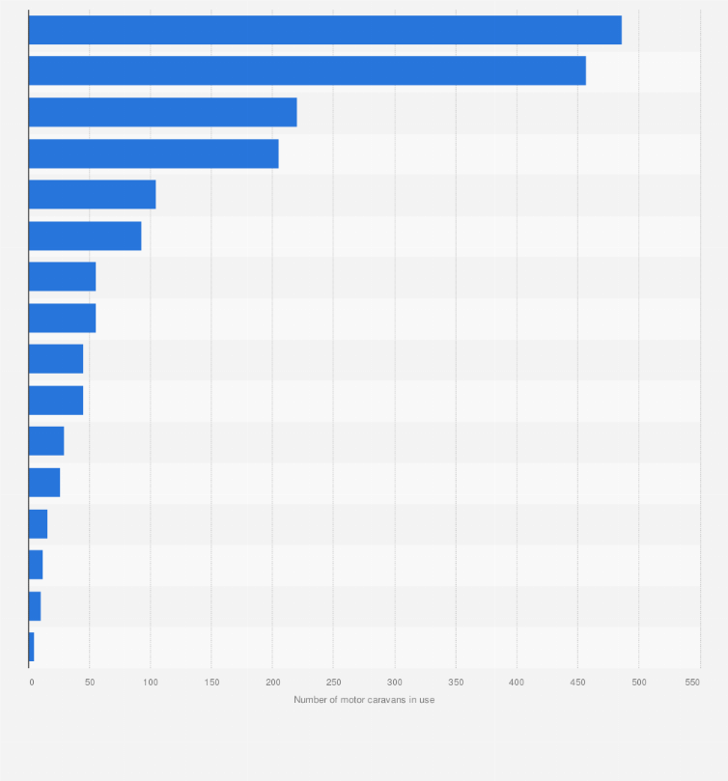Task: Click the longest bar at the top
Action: [324, 30]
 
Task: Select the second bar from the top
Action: [307, 70]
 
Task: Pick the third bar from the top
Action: [162, 112]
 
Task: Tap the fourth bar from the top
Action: [154, 153]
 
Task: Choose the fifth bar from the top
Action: [92, 194]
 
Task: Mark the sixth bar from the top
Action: [85, 236]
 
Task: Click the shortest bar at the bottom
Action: [32, 647]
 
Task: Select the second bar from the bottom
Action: [35, 606]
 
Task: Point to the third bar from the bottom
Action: [36, 565]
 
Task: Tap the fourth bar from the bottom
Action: [38, 523]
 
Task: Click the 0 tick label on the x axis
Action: [31, 683]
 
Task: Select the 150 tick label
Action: [211, 683]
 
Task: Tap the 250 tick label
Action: [333, 683]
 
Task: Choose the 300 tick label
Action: [394, 683]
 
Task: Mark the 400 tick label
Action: [517, 683]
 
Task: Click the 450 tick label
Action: [577, 683]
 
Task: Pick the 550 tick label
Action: [692, 683]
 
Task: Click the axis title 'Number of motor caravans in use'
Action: [364, 700]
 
